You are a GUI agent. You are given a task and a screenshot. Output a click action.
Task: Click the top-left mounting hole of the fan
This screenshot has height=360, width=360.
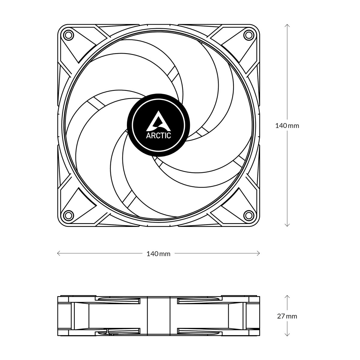click(69, 35)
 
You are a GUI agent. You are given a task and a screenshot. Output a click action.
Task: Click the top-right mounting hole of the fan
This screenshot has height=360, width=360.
click(248, 35)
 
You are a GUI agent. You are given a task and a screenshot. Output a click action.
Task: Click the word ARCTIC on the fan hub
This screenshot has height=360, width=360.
click(158, 136)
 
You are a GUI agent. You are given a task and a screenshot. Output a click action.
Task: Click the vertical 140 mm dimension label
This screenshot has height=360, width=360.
click(287, 126)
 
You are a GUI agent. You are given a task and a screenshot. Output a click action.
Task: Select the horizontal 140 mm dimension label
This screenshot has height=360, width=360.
click(158, 254)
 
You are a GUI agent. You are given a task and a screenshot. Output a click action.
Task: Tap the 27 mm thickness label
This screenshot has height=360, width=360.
click(287, 316)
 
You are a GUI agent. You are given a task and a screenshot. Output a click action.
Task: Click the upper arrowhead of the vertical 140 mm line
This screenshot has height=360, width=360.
click(287, 25)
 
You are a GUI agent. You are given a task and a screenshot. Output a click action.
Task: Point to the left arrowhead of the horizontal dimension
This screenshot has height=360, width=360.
click(58, 253)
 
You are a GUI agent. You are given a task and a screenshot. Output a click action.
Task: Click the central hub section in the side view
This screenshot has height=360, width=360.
click(158, 316)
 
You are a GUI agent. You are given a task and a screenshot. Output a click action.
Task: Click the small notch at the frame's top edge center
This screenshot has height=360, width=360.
click(158, 24)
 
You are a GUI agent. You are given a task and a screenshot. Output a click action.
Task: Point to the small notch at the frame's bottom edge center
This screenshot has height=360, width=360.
click(158, 226)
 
